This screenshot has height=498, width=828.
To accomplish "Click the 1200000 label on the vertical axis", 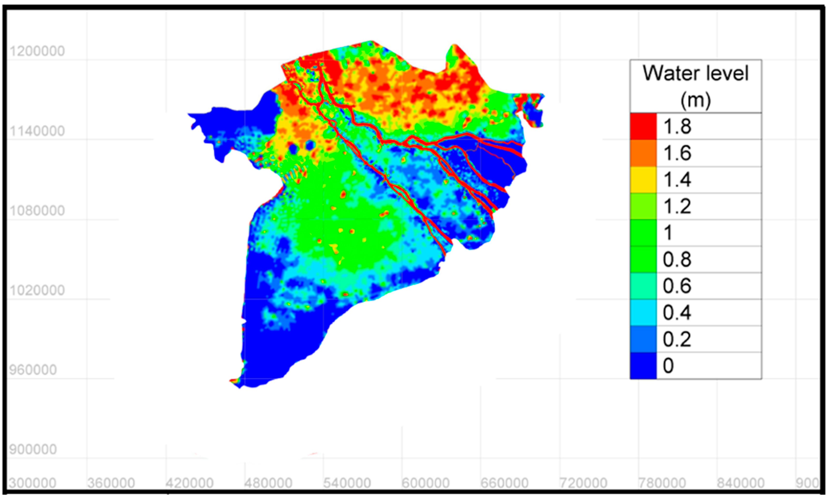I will coord(37,51).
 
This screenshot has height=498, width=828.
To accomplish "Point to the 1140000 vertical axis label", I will coord(37,131).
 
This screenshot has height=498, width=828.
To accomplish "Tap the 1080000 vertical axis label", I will coord(37,210).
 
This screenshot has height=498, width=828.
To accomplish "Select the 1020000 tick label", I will coord(37,290).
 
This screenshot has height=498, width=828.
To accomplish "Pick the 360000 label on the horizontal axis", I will coord(111,483).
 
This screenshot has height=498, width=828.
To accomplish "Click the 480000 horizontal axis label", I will coord(268,483).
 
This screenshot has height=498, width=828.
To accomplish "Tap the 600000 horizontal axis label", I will coord(425,483).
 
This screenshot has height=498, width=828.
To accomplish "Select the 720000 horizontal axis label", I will coord(583,483).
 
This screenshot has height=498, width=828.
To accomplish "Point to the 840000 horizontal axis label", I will coord(740,483).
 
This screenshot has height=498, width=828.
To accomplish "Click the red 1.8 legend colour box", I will coord(643,126).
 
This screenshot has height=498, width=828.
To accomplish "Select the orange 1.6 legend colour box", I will coord(643,153).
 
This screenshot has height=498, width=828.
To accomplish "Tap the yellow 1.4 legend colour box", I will coord(643,180).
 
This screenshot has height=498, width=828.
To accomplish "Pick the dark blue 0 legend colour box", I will coord(643,365).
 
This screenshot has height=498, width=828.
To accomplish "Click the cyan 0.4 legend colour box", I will coord(643,312).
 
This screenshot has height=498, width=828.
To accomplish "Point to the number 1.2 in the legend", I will coord(677,206).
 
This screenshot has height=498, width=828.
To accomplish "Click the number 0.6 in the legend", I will coord(677,286).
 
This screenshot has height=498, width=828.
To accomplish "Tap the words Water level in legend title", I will coord(695,73).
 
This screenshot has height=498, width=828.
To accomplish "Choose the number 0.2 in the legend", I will coord(677,339).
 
